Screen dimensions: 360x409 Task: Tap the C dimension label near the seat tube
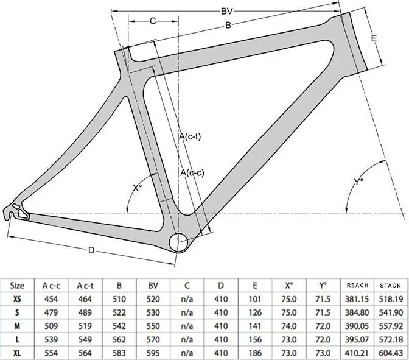(x=153, y=22)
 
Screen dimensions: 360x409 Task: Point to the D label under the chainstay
(x=91, y=250)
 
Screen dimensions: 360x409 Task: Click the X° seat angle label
(x=138, y=188)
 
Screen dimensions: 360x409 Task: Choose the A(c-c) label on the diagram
(x=192, y=173)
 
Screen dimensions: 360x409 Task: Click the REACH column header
(x=357, y=285)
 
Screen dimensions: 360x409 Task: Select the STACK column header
(x=390, y=285)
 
